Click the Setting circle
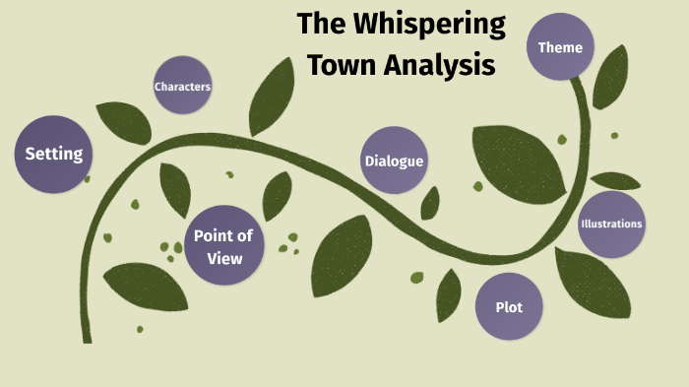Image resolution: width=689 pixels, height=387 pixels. tap(53, 154)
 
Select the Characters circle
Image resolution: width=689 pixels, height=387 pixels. tap(182, 87)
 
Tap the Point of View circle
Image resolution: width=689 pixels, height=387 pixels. tap(224, 244)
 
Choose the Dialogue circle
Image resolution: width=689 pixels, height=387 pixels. tap(394, 161)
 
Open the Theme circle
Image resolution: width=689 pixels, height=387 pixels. tap(560, 47)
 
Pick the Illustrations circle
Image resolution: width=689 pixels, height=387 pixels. tap(611, 224)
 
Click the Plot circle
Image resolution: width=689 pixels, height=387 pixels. tap(509, 307)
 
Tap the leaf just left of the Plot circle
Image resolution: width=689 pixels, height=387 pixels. tap(449, 294)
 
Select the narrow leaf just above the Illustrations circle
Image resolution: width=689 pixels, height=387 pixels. tap(616, 181)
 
